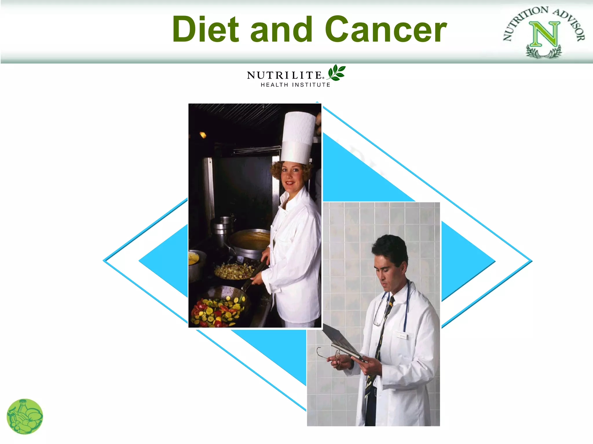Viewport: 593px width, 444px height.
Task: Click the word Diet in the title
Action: (x=206, y=29)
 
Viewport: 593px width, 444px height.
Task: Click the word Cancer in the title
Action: (x=386, y=29)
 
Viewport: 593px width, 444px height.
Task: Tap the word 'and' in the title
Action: (x=281, y=29)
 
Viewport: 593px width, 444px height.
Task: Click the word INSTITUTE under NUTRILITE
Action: (x=311, y=85)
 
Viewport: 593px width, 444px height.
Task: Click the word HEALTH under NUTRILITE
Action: (x=274, y=85)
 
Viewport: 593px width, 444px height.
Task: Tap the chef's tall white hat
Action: (x=298, y=137)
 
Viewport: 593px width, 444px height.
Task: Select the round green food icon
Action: (x=25, y=417)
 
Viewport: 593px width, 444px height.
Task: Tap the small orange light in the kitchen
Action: (x=203, y=135)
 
